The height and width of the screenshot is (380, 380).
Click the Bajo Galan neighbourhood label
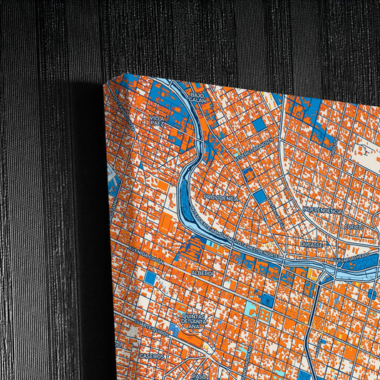point(197,97)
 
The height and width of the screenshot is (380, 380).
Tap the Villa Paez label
point(158,120)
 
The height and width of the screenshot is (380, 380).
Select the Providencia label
point(220,197)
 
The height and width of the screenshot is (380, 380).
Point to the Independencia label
point(323,210)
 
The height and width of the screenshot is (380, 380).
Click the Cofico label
point(353,227)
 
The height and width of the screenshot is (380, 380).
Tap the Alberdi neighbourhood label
point(202,273)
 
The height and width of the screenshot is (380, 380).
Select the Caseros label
point(151,355)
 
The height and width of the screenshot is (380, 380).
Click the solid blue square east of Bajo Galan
point(259,125)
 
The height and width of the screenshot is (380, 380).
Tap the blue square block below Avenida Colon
point(150,277)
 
